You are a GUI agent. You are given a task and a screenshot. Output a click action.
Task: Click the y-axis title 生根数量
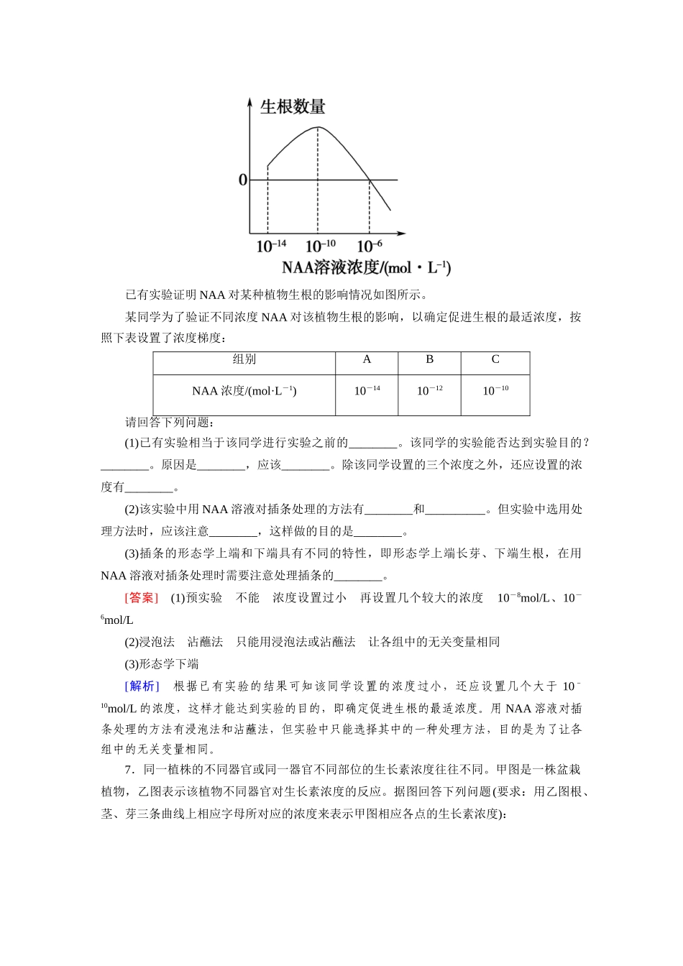click(x=293, y=107)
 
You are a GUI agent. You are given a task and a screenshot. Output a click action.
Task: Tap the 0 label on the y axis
click(x=243, y=180)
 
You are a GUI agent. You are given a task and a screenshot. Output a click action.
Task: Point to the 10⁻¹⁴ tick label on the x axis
click(x=271, y=247)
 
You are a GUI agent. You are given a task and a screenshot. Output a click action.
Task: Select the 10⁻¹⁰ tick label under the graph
click(x=321, y=247)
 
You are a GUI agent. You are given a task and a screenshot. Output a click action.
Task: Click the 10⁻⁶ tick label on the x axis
click(x=370, y=247)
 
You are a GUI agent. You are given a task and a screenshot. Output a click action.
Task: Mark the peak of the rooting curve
click(x=318, y=127)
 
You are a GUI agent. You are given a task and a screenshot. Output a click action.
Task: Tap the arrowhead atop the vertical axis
click(x=249, y=101)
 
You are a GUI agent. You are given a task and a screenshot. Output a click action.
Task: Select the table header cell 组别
click(x=244, y=359)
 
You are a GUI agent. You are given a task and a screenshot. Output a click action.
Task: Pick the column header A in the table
click(x=367, y=359)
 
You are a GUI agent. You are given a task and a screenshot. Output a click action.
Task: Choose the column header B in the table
click(x=429, y=359)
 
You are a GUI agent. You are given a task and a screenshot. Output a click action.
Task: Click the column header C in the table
click(x=495, y=359)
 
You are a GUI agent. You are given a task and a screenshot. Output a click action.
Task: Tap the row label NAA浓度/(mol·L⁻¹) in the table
click(x=244, y=391)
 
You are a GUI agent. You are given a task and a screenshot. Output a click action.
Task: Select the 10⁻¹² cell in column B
click(x=429, y=391)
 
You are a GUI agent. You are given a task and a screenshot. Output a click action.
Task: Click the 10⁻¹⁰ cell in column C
click(x=495, y=391)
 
